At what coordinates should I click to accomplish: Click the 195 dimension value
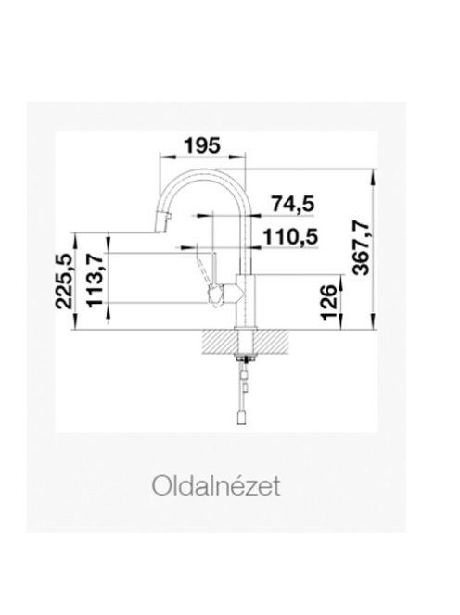click(x=203, y=146)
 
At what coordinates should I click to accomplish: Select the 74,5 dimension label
click(x=293, y=205)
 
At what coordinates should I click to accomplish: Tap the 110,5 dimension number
click(x=290, y=237)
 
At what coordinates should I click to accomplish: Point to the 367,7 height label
click(x=361, y=248)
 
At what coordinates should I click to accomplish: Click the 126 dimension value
click(x=329, y=303)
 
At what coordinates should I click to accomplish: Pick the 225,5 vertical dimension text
click(x=64, y=282)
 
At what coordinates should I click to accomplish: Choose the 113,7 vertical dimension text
click(x=95, y=280)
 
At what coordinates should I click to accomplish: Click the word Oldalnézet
click(x=216, y=485)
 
